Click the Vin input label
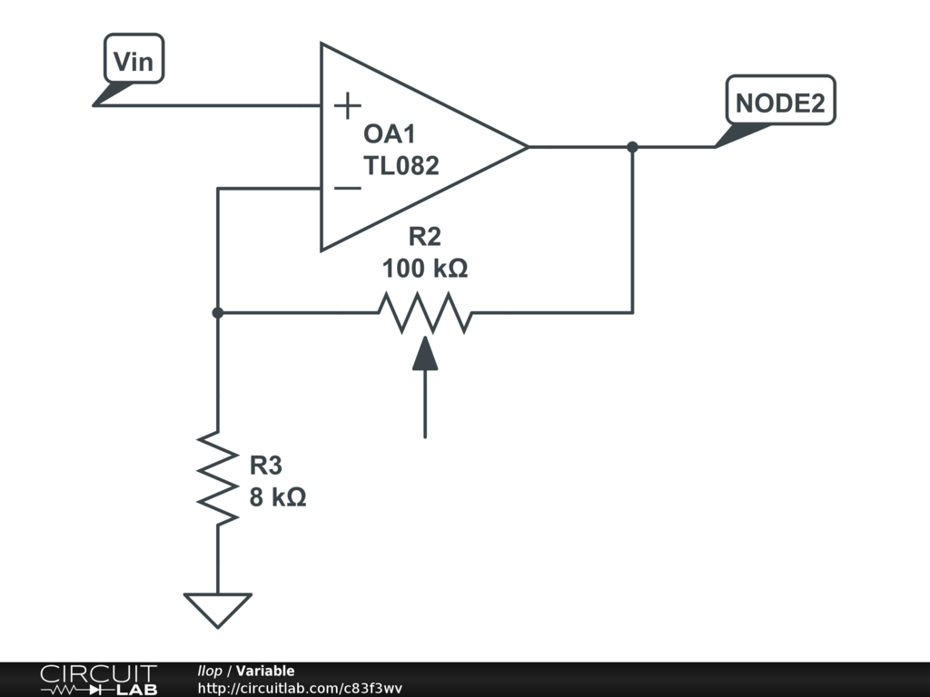(x=134, y=62)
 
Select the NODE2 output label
(x=780, y=103)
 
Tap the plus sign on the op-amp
(x=347, y=106)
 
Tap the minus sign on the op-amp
(x=347, y=188)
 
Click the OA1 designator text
(x=390, y=134)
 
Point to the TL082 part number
(x=401, y=166)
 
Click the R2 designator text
(x=424, y=238)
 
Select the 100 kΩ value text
(x=425, y=269)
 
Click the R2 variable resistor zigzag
(x=425, y=312)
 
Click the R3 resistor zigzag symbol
(x=218, y=477)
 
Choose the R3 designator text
(x=266, y=466)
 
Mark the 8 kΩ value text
(x=278, y=497)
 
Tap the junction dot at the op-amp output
(x=632, y=147)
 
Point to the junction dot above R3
(x=218, y=312)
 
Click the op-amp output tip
(x=526, y=147)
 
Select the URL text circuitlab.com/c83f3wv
(x=300, y=688)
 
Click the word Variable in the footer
(x=265, y=671)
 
